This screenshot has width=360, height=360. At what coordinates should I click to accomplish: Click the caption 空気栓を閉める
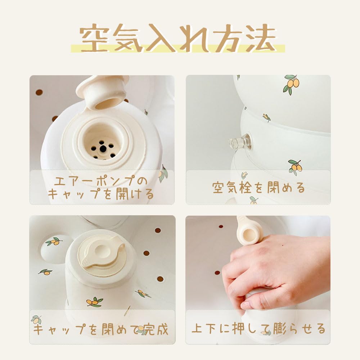pos(258,188)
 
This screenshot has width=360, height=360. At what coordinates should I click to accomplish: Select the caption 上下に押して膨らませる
pos(258,329)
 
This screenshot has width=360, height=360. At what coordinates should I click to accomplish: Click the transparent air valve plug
pos(239,142)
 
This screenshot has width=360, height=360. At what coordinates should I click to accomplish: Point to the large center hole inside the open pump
pos(103,148)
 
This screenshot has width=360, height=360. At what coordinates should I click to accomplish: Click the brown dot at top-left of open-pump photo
pos(39,93)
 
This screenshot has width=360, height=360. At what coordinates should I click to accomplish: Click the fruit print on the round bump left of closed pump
pos(54,242)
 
